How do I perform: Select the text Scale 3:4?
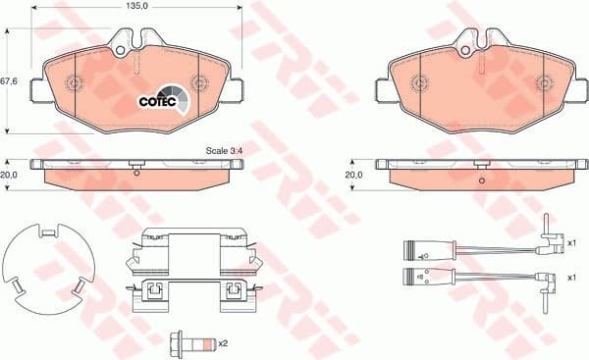click(225, 150)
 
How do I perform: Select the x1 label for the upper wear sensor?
click(572, 239)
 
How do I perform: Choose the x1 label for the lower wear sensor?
click(572, 278)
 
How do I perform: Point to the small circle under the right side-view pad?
click(480, 180)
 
